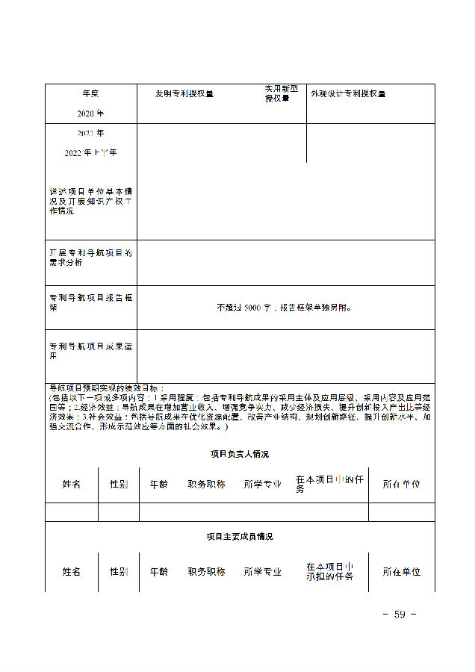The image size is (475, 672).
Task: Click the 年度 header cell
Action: tap(90, 94)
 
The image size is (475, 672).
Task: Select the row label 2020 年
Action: tap(90, 113)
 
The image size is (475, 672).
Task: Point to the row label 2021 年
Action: tap(90, 133)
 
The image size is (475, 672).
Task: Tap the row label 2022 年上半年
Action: tap(90, 152)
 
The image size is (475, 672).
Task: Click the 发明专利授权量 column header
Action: tap(184, 94)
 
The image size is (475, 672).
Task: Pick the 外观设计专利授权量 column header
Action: tap(349, 94)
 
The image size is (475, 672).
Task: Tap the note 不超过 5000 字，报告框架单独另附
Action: tap(284, 307)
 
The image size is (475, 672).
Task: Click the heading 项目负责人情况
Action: tap(240, 454)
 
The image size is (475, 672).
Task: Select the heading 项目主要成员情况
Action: tap(240, 536)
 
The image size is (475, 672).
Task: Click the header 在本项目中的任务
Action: tap(329, 484)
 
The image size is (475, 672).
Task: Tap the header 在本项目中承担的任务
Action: tap(329, 571)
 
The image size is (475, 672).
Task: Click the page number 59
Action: tap(399, 615)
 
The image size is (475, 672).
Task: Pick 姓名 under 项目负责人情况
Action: tap(71, 484)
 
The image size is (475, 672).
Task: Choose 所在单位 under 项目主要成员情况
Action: tap(401, 571)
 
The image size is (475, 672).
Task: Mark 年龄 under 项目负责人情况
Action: tap(158, 484)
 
